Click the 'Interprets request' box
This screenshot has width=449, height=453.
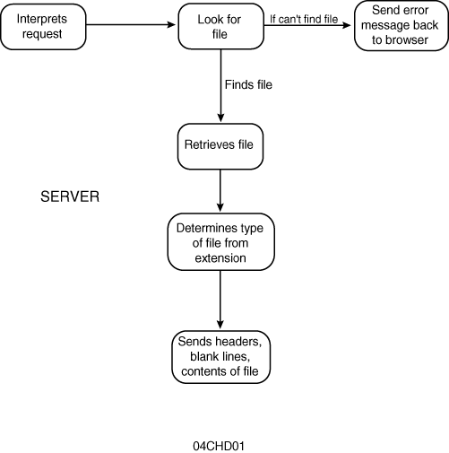click(x=43, y=27)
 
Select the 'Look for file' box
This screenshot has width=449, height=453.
click(x=221, y=26)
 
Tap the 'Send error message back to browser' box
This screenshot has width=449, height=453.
click(x=402, y=25)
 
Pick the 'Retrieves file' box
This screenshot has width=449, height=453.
click(x=220, y=146)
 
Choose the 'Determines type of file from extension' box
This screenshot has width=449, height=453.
click(x=220, y=242)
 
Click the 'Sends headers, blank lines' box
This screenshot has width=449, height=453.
click(x=220, y=357)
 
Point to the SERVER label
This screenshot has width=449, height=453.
click(x=70, y=196)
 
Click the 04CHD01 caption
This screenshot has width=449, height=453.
click(x=219, y=446)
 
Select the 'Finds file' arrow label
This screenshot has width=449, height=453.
click(x=248, y=84)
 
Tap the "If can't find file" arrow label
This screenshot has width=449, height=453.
click(x=304, y=19)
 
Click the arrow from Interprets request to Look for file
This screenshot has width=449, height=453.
click(x=131, y=24)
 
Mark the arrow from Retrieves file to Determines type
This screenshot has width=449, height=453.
click(x=220, y=190)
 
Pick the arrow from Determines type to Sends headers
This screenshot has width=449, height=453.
click(x=220, y=300)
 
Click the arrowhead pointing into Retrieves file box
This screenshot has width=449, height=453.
click(x=220, y=118)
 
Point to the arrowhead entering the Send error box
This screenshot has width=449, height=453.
click(x=347, y=25)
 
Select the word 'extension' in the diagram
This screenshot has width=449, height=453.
click(x=220, y=257)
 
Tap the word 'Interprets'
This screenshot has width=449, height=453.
click(x=42, y=19)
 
